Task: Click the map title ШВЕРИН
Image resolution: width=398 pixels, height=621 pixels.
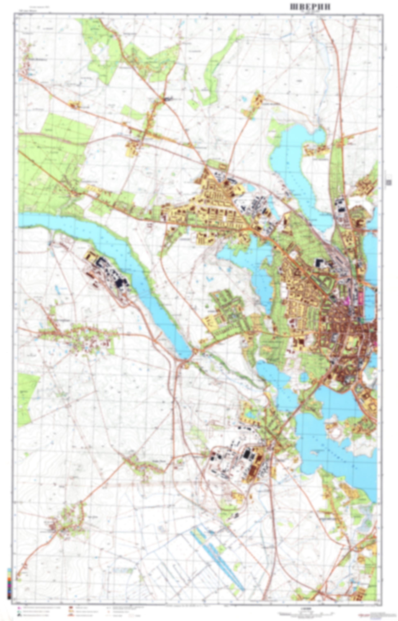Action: pyautogui.click(x=310, y=7)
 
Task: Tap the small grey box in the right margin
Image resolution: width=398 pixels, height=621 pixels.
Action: pyautogui.click(x=388, y=183)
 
